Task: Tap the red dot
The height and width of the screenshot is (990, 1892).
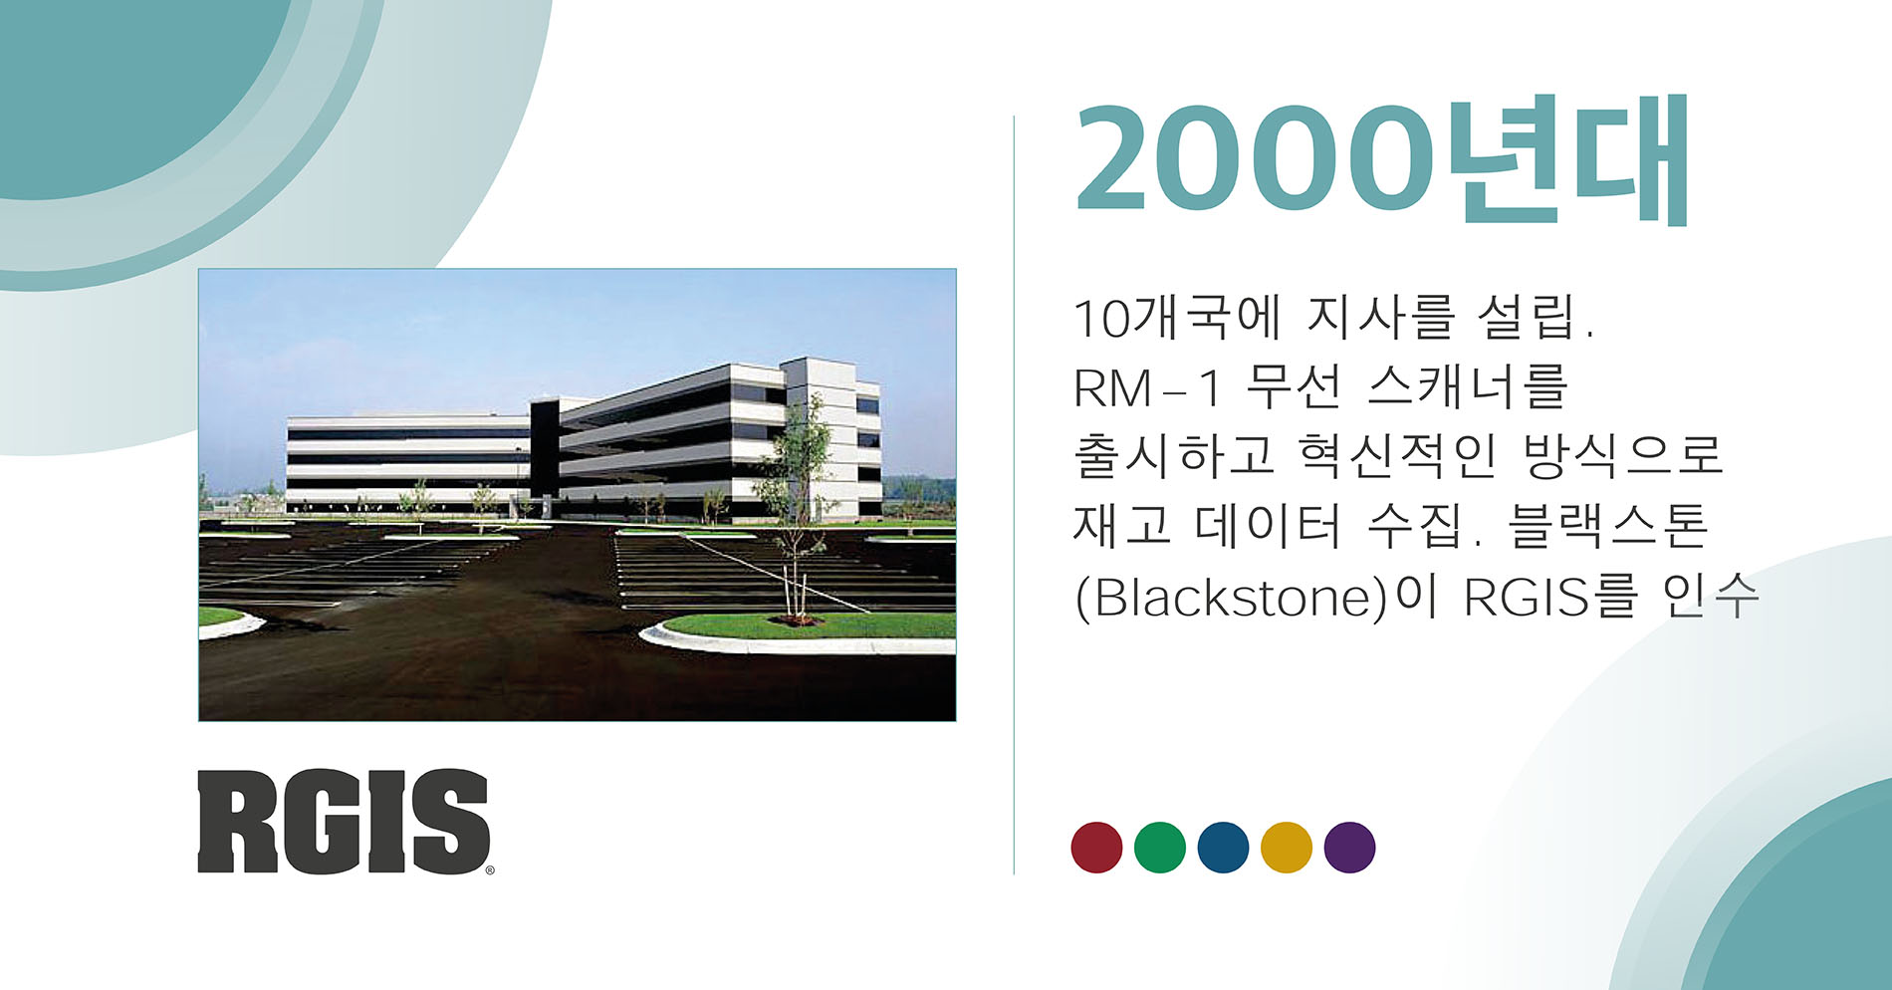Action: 1096,848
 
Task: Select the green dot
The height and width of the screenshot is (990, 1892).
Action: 1160,848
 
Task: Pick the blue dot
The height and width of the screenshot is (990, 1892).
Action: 1223,848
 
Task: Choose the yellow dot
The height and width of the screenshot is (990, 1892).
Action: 1287,848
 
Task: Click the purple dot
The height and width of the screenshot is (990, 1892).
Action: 1350,848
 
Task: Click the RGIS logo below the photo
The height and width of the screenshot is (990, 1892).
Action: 344,822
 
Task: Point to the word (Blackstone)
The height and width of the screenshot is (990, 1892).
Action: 1232,597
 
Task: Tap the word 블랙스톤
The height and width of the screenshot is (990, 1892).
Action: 1608,525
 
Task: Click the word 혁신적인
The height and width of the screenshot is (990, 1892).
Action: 1397,456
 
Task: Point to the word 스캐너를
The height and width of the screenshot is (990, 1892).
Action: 1467,386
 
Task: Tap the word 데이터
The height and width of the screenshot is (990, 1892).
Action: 1268,525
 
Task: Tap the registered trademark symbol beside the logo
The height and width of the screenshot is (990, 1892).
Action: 489,870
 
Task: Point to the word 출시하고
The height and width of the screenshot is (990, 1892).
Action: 1174,456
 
